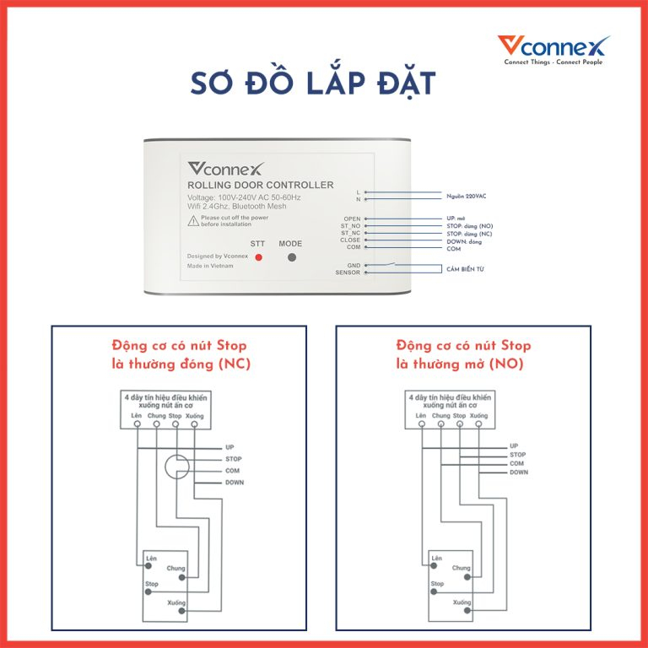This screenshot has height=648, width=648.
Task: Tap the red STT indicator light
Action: pos(259,256)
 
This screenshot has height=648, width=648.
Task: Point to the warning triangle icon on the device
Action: pos(194,220)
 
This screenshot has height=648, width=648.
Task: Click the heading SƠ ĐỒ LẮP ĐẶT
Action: pos(312,84)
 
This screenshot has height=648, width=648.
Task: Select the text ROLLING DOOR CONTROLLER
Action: pos(260,185)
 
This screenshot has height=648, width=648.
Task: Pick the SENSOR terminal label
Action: pos(348,273)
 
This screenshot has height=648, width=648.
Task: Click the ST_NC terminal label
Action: pos(349,233)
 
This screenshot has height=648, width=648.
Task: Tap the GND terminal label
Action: pos(353,265)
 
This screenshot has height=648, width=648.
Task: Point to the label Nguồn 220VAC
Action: pos(467,196)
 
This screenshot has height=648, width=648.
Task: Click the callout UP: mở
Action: pos(456,219)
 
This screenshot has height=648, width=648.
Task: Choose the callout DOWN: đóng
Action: pos(463,240)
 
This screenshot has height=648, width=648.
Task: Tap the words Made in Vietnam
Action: pos(210,266)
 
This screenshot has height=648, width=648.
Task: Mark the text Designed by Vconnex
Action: pos(217,256)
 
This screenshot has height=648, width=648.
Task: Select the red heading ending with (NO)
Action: pos(463,355)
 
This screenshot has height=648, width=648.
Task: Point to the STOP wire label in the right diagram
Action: pos(517,455)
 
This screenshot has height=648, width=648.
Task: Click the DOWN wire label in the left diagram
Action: pos(235,483)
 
